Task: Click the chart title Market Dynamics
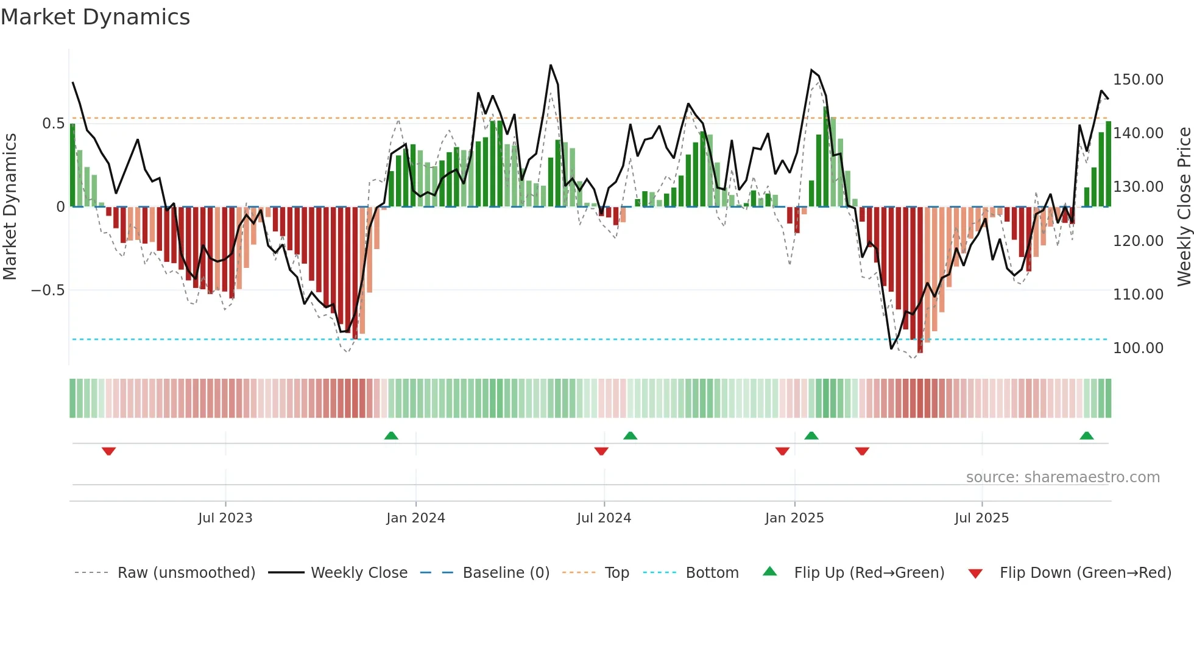[96, 17]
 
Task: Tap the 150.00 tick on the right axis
[1137, 80]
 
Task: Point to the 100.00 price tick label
[1137, 348]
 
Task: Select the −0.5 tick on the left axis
[48, 290]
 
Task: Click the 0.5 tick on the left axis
[53, 124]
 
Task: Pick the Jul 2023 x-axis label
[225, 518]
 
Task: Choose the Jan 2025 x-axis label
[794, 518]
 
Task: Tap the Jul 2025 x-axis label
[981, 518]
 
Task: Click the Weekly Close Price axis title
[1184, 206]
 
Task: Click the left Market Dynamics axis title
[10, 206]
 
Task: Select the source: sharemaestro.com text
[1062, 477]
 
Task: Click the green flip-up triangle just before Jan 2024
[391, 435]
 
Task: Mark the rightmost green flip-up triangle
[1086, 435]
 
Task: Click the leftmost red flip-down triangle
[109, 451]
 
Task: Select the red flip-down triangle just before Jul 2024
[601, 451]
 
